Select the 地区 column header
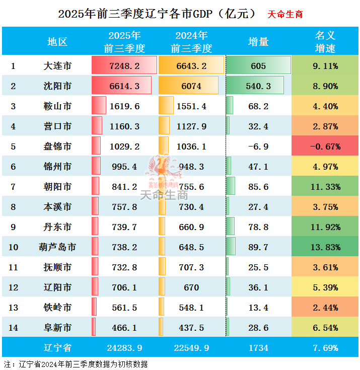[57, 42]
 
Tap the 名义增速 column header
[325, 42]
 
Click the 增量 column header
[258, 42]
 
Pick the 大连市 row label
[57, 66]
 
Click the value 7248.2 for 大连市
[124, 66]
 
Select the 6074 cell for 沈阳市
[191, 86]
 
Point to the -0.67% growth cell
[325, 146]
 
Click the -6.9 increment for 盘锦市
[259, 146]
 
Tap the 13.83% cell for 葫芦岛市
[325, 247]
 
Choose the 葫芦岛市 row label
[57, 247]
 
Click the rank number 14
[13, 328]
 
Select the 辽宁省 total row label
[57, 348]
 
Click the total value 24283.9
[124, 348]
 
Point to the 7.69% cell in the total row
[325, 348]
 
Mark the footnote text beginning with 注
[76, 363]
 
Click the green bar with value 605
[258, 66]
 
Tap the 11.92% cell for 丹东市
[325, 227]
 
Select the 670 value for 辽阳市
[191, 287]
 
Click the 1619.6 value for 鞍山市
[124, 106]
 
